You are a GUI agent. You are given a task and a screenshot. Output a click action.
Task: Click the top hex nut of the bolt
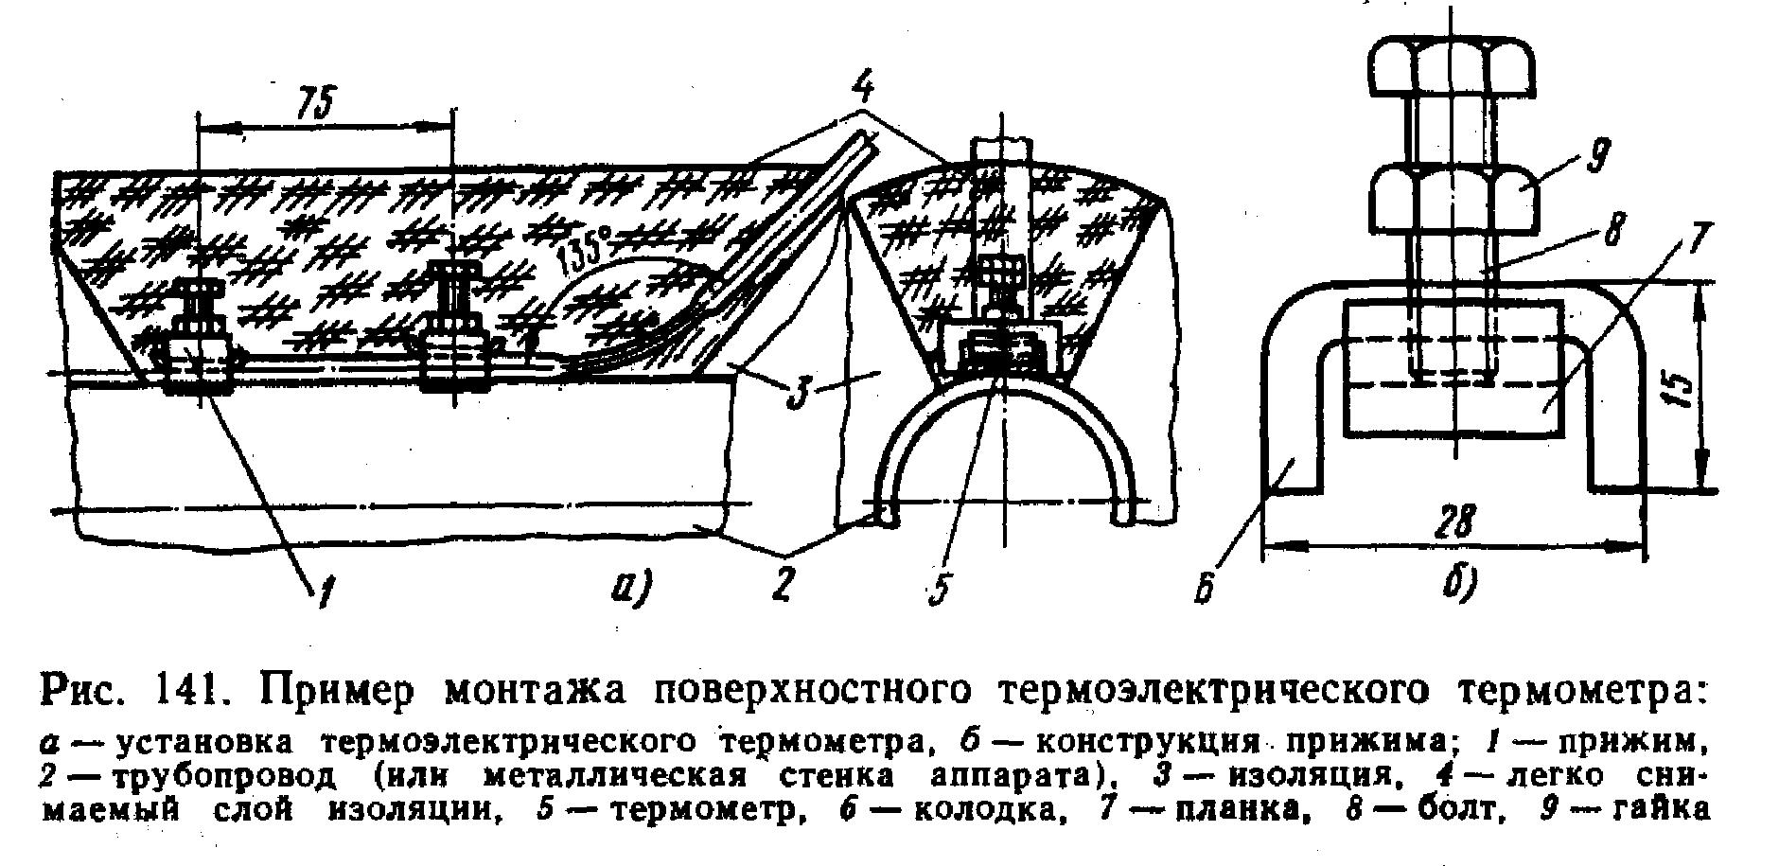tap(1453, 68)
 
